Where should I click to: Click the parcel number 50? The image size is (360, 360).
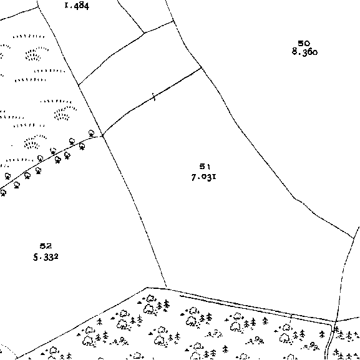[304, 44]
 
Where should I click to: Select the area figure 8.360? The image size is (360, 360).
[304, 52]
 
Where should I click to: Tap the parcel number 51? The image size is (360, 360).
[205, 167]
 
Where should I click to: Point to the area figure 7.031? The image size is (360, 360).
[203, 177]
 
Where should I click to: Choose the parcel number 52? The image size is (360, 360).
[46, 246]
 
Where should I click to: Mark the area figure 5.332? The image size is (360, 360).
[46, 257]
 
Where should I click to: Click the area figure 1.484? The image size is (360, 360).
[77, 6]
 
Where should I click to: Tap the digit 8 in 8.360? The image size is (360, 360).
[294, 52]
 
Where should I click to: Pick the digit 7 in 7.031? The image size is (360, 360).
[194, 177]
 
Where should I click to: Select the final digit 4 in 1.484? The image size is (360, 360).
[86, 6]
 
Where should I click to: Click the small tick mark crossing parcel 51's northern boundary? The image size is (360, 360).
[154, 97]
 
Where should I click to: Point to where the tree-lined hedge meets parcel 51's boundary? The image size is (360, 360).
[102, 136]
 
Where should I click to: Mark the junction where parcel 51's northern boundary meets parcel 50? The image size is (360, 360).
[202, 67]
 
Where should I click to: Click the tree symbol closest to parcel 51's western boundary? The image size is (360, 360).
[91, 133]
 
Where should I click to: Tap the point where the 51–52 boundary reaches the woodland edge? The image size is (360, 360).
[166, 288]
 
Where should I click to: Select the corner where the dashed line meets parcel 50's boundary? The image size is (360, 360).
[354, 238]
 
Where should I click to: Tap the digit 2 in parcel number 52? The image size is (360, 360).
[49, 246]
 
